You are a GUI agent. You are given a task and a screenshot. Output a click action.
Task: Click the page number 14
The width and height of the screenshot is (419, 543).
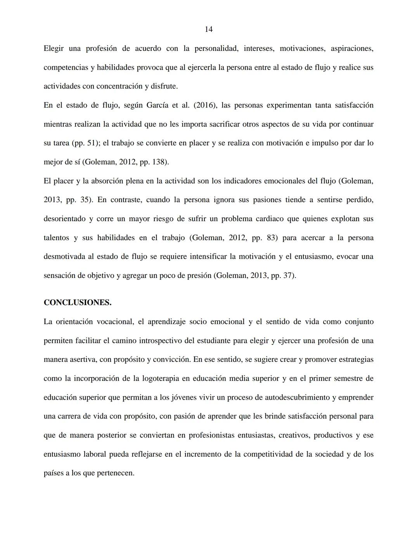coord(208,30)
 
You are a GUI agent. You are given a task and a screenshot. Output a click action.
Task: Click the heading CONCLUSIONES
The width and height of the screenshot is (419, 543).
coord(77,303)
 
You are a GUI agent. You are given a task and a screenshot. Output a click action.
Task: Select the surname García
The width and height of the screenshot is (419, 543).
coord(158,105)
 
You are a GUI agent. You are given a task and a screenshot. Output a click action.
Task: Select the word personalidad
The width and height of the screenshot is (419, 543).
coord(216,49)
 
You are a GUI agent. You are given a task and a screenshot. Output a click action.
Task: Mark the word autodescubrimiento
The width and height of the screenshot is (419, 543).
coord(297,398)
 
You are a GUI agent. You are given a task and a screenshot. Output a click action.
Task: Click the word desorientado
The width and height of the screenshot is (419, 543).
coord(64,219)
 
